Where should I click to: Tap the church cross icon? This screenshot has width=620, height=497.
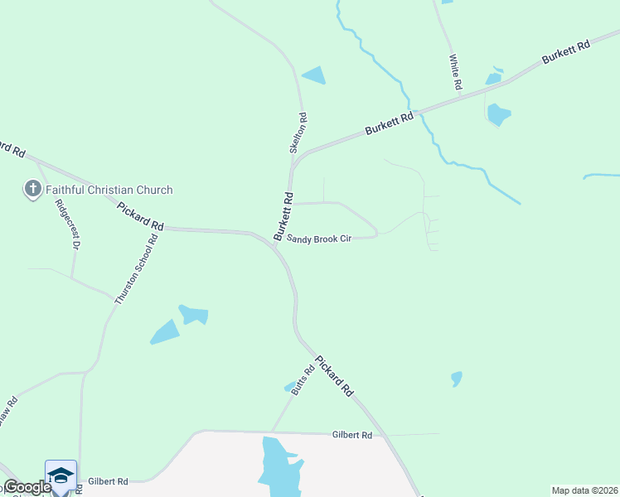(x=33, y=190)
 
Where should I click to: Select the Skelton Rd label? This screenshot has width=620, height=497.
(x=298, y=133)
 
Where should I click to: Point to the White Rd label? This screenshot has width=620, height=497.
(x=455, y=73)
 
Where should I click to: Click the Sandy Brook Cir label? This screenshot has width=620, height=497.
(x=319, y=239)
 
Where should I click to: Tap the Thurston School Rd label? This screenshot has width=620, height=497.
(x=136, y=270)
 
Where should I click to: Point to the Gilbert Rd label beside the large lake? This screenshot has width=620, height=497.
(x=353, y=434)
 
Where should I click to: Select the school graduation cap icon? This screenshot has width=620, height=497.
(x=61, y=475)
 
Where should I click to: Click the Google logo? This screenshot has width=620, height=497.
(x=27, y=487)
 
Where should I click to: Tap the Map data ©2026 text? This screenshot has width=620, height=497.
(x=584, y=490)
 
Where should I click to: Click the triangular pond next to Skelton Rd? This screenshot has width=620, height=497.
(x=315, y=76)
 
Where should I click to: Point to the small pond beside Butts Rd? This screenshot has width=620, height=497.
(x=289, y=386)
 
